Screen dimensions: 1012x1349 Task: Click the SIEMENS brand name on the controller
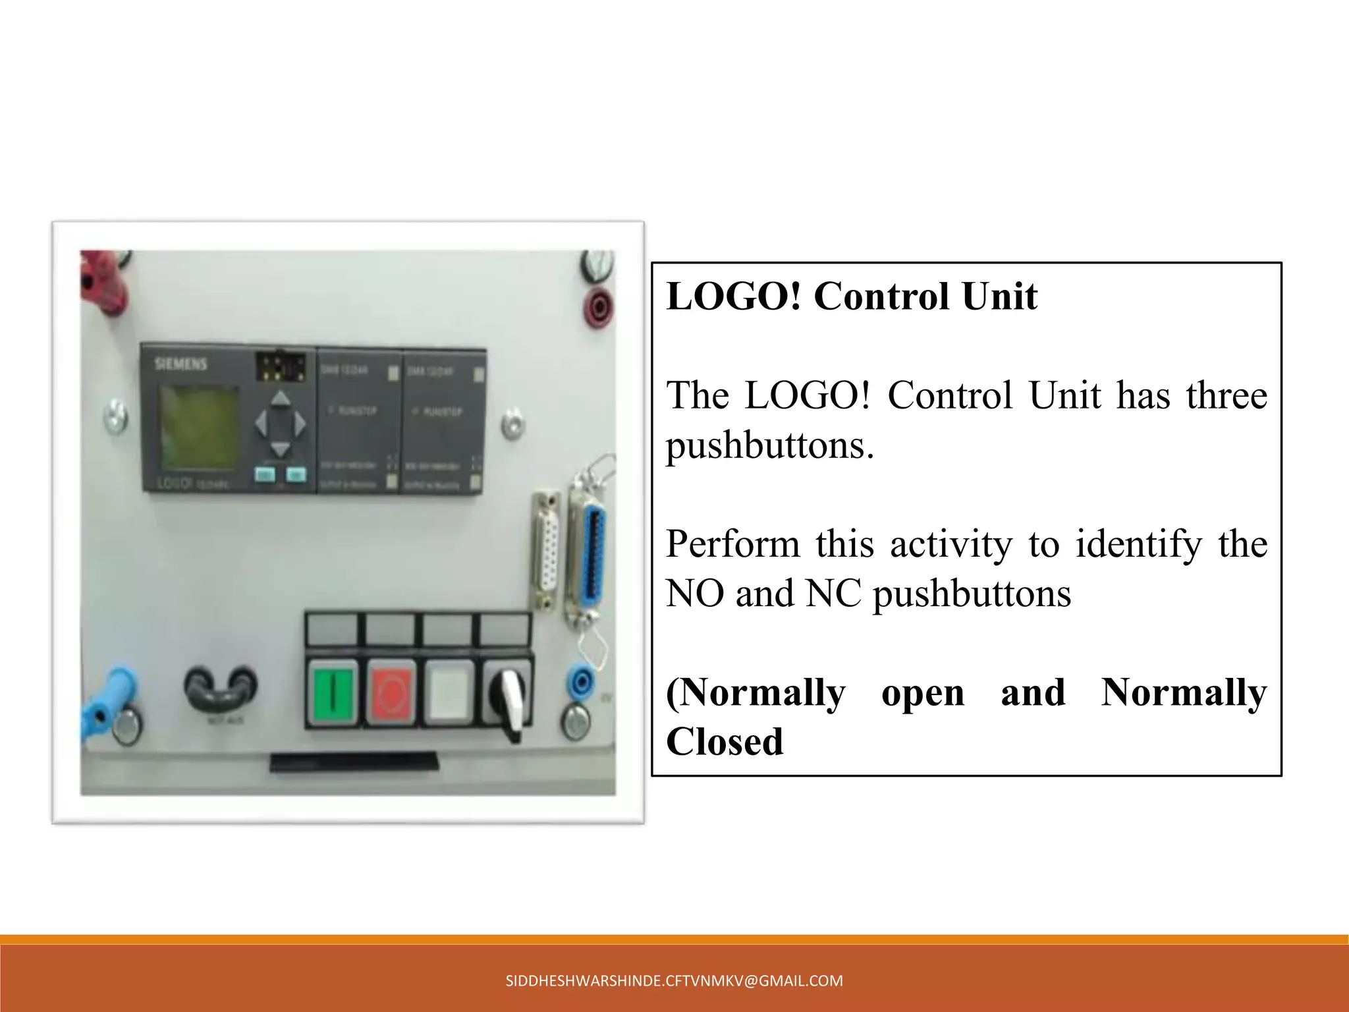180,364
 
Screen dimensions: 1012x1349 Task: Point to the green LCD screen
199,427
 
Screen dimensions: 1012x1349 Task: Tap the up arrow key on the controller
281,398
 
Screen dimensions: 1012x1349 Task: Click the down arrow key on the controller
281,449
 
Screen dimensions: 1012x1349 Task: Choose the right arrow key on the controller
300,424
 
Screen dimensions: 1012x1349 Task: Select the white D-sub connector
546,550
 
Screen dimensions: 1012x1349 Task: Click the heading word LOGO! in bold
734,296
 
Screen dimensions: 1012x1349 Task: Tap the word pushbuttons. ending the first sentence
770,445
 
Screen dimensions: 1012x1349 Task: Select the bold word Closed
725,742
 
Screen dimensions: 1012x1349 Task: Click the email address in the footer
674,980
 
